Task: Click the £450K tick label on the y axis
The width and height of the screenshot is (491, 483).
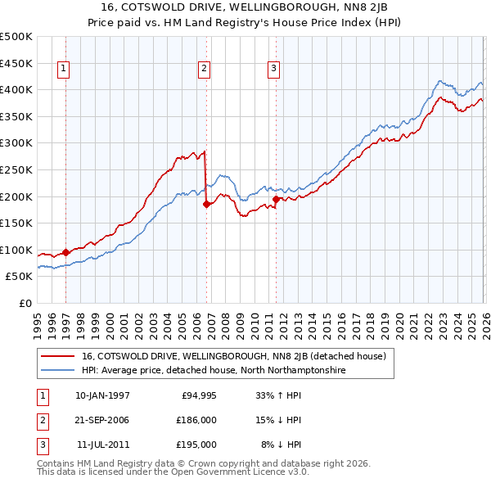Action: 16,63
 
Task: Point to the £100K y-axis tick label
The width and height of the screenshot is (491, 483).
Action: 16,250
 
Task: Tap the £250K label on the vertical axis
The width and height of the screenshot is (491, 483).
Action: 16,169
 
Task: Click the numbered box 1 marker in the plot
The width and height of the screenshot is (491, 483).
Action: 64,69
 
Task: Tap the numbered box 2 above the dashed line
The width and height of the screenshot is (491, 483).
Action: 204,69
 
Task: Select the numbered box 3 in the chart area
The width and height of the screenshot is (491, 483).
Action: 273,69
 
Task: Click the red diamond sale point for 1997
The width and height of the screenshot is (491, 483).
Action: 66,252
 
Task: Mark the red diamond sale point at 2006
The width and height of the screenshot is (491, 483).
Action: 206,204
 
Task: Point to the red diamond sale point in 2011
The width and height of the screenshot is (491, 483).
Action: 276,199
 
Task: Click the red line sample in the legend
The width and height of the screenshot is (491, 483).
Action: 59,356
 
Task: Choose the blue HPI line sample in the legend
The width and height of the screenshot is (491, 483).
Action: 59,370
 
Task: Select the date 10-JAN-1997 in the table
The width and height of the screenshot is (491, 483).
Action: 102,395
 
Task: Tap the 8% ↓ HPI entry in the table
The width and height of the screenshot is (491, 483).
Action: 282,445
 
